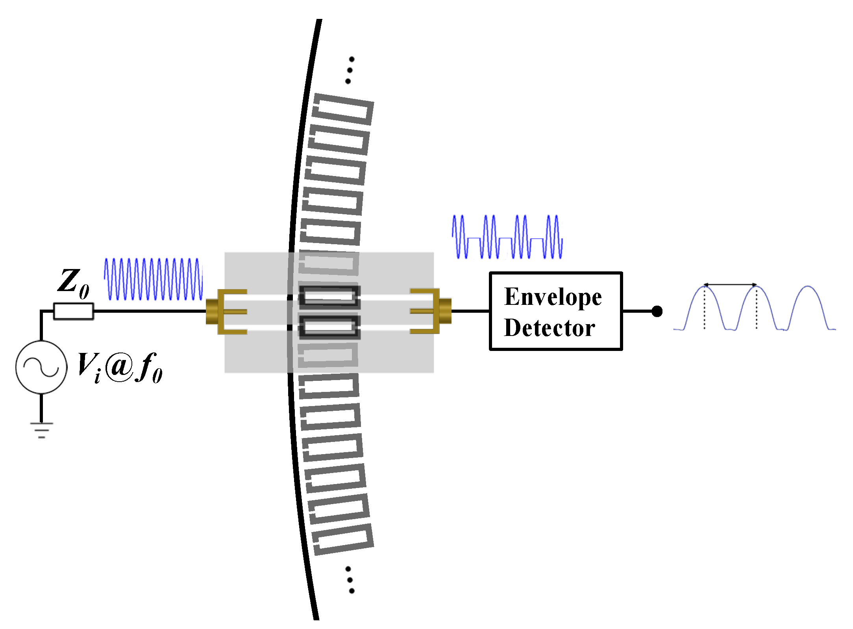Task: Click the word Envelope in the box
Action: click(x=553, y=297)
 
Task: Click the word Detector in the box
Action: click(x=549, y=328)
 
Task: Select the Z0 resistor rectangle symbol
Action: click(x=74, y=311)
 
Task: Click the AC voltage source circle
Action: click(x=41, y=367)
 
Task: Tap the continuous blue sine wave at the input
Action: click(x=153, y=279)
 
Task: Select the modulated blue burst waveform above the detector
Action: click(x=507, y=237)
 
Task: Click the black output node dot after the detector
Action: click(x=657, y=311)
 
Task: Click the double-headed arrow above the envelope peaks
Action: click(x=730, y=284)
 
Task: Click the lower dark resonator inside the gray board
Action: click(x=329, y=327)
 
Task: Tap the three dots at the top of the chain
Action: click(x=350, y=70)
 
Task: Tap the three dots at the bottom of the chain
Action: click(x=350, y=580)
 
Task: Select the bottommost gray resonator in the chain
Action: click(x=343, y=540)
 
